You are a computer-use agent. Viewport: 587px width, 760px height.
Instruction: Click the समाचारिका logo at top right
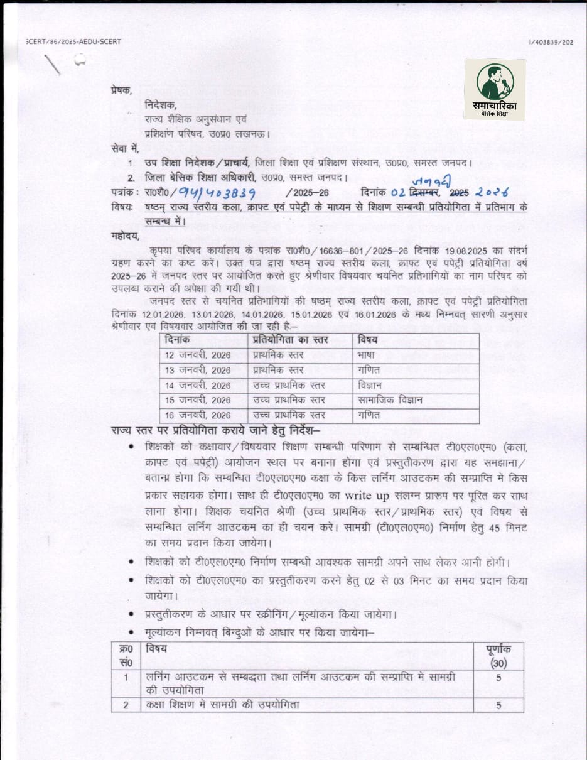495,89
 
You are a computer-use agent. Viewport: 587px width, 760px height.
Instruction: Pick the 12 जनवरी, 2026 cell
197,356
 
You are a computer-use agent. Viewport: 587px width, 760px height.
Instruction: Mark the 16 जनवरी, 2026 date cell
197,415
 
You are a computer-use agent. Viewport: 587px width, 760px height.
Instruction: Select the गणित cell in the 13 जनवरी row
369,371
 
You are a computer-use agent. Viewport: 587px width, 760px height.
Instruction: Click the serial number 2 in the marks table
126,705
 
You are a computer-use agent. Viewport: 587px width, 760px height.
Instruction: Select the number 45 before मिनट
474,525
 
